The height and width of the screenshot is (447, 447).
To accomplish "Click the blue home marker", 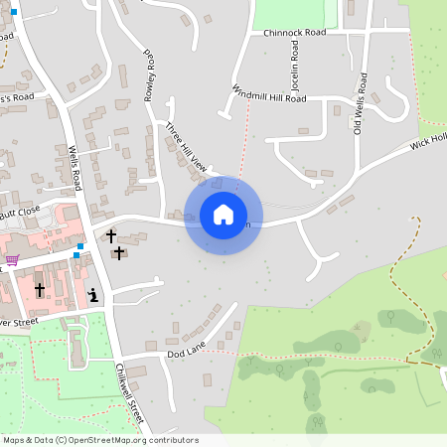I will (x=223, y=214).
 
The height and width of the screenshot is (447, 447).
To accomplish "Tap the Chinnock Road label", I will (x=295, y=33).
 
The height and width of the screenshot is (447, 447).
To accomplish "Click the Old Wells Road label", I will (x=359, y=104).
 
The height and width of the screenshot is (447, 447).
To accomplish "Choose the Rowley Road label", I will (x=150, y=73).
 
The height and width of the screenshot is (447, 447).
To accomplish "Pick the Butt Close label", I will (x=20, y=212).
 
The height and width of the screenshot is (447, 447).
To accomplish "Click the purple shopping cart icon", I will (x=12, y=260).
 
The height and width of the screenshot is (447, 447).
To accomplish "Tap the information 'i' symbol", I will (x=92, y=294).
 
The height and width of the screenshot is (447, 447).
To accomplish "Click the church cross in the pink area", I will (x=40, y=290).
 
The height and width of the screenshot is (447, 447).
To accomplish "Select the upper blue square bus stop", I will (x=80, y=246).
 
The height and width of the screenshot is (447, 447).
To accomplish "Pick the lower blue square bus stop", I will (x=75, y=255).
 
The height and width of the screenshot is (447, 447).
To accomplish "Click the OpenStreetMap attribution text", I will (x=99, y=440).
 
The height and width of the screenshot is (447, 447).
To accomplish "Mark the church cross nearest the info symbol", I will (x=119, y=252).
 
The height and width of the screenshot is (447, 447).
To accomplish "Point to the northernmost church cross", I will (x=110, y=235).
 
